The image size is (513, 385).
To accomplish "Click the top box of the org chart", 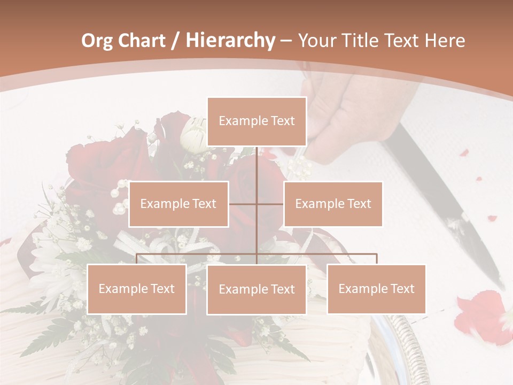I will pos(256,121).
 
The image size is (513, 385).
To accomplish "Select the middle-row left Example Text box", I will pos(178,204).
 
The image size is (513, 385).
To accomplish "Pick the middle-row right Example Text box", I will pos(333,204).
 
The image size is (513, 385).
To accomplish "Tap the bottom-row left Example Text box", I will pos(137,289).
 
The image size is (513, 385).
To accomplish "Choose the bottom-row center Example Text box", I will pos(256,289).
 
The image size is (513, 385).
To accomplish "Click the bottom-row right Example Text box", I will pos(376,289).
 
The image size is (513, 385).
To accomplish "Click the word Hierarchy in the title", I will pos(230,41).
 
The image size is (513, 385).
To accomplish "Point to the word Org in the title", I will pos(97,41).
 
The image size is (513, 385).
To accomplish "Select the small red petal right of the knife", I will pos(492,218).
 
